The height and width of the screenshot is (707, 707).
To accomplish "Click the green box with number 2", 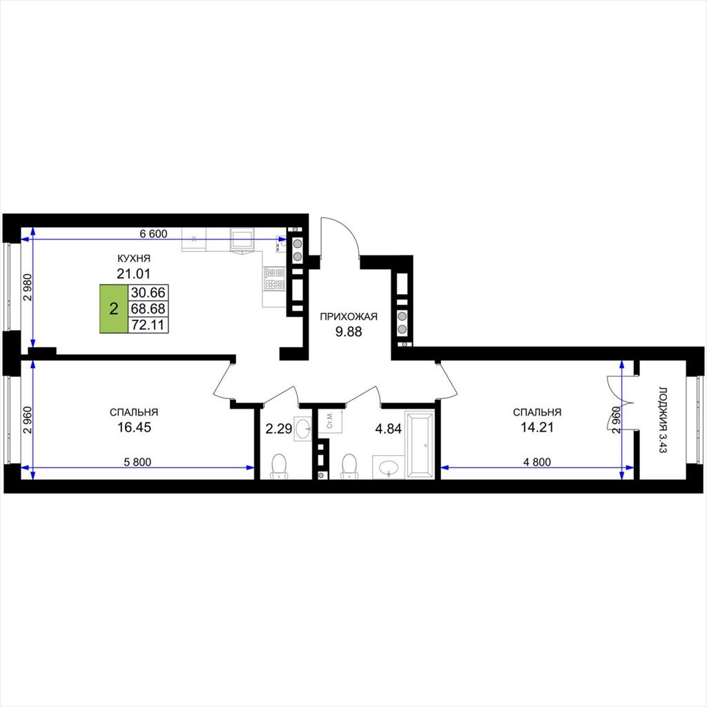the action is coord(114,309).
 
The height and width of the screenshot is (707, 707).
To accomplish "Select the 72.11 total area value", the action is coord(148,325).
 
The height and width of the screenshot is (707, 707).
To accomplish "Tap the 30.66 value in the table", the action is coord(148,293).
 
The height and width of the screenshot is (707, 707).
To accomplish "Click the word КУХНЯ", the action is coord(133,258).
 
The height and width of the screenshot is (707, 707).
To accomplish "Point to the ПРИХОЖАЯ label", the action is coord(349,316).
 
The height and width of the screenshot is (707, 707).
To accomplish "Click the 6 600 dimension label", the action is coord(153,233).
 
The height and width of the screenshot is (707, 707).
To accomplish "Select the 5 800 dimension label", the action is coord(137,462).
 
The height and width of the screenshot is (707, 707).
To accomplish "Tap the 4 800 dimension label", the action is coord(537,462).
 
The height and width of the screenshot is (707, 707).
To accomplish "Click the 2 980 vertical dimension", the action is coord(28,288).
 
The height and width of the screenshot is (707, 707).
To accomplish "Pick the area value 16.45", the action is coord(134,427).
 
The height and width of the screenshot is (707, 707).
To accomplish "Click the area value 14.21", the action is coord(537,427).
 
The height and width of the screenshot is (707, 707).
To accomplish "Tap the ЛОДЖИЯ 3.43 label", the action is coord(662,419).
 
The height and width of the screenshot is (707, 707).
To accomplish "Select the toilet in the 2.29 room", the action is coord(279,466).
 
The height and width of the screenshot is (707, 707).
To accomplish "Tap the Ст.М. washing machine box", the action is coord(330,420).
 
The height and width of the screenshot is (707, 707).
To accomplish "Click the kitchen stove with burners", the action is coord(275,279).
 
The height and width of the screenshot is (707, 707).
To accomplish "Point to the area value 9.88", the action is coord(349,332).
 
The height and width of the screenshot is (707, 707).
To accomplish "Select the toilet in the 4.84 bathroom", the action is coord(349,466).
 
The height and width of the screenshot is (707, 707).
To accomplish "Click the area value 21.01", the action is coord(133,273).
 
